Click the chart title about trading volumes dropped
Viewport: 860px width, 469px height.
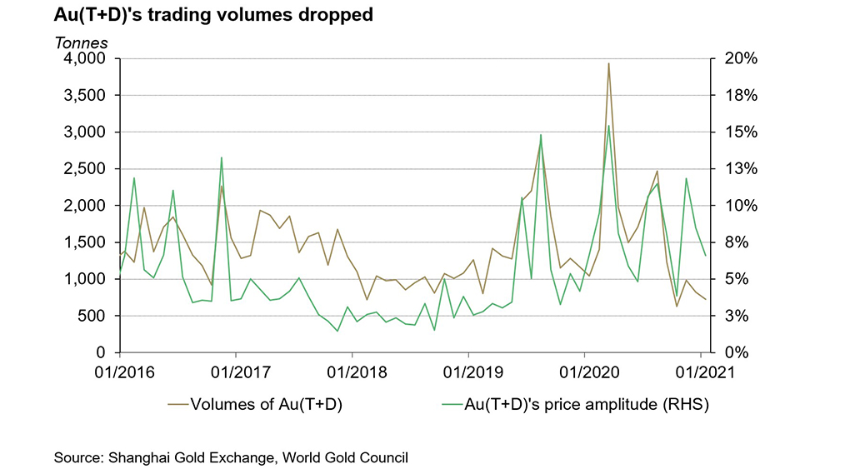[x=213, y=15]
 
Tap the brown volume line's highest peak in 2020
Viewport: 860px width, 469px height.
[x=608, y=63]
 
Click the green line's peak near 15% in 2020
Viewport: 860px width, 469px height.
[x=608, y=126]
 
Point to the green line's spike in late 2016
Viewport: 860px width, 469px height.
[x=222, y=157]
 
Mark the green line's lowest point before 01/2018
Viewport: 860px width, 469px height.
[x=337, y=331]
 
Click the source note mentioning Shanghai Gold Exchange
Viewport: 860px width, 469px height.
[x=231, y=457]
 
